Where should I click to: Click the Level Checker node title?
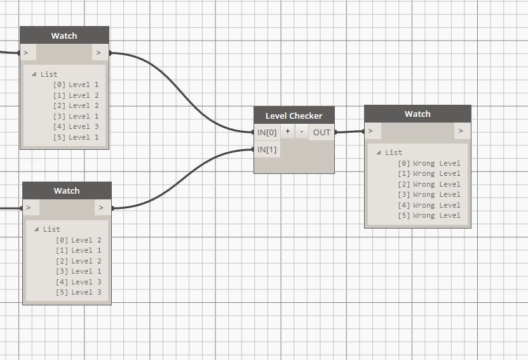[294, 116]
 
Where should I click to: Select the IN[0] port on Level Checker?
[267, 132]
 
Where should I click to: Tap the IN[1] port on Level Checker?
[267, 150]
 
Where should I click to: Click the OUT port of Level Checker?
[322, 132]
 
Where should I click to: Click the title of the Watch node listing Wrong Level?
[417, 114]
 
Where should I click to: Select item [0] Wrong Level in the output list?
[429, 163]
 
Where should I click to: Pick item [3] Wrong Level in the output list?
[429, 194]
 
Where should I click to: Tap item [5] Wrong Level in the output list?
[429, 215]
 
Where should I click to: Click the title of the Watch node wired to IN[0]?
[64, 36]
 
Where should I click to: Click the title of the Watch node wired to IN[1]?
[67, 190]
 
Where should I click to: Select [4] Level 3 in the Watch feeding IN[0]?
[76, 126]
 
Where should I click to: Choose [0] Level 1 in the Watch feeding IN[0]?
[76, 84]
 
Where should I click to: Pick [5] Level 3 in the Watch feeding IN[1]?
[79, 292]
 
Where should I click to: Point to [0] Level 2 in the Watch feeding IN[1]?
[79, 240]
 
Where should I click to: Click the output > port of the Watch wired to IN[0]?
[100, 53]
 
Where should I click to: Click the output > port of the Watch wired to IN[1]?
[102, 208]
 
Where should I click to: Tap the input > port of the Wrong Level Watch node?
[372, 131]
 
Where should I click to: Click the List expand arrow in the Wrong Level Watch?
[379, 152]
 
